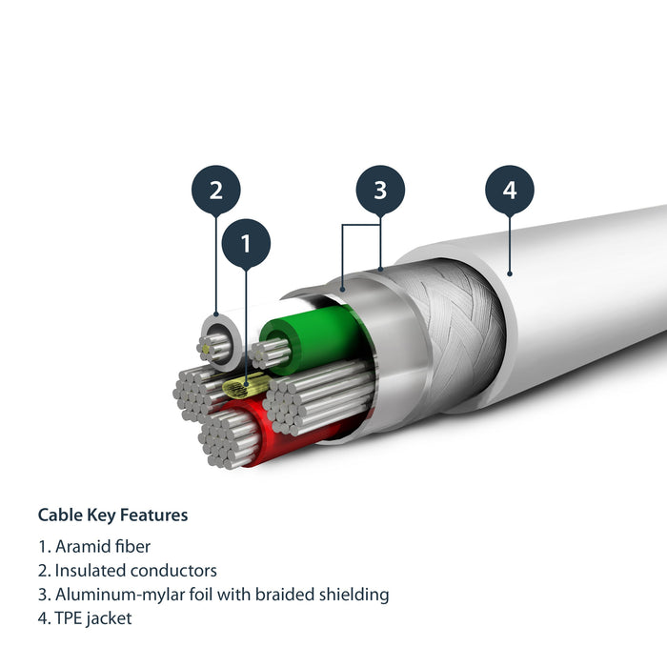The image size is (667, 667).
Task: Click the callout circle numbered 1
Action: pyautogui.click(x=246, y=244)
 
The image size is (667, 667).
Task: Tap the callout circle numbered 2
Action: pyautogui.click(x=216, y=190)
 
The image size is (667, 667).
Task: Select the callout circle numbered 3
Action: pyautogui.click(x=380, y=190)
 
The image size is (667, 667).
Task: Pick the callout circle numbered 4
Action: pyautogui.click(x=510, y=190)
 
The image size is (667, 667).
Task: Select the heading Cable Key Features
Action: pyautogui.click(x=112, y=515)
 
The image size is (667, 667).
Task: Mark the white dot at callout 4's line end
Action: pyautogui.click(x=510, y=273)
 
